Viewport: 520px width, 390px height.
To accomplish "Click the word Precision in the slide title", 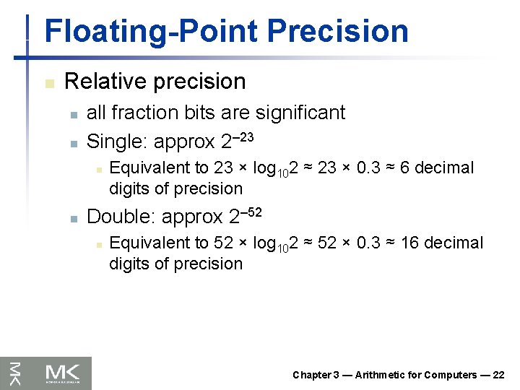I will pyautogui.click(x=337, y=32).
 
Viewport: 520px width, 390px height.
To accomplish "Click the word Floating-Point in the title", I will pyautogui.click(x=150, y=32).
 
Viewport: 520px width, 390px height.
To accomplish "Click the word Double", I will pyautogui.click(x=118, y=217).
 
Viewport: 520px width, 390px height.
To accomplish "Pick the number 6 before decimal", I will pyautogui.click(x=405, y=168).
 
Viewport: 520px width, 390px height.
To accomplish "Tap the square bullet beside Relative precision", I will pyautogui.click(x=48, y=84).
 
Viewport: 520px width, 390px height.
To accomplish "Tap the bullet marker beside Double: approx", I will pyautogui.click(x=72, y=217).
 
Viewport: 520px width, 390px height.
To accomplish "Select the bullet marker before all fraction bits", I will pyautogui.click(x=72, y=114).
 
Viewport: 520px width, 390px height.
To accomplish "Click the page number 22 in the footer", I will pyautogui.click(x=498, y=375).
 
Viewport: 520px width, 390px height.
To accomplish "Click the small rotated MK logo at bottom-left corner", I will pyautogui.click(x=14, y=373).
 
